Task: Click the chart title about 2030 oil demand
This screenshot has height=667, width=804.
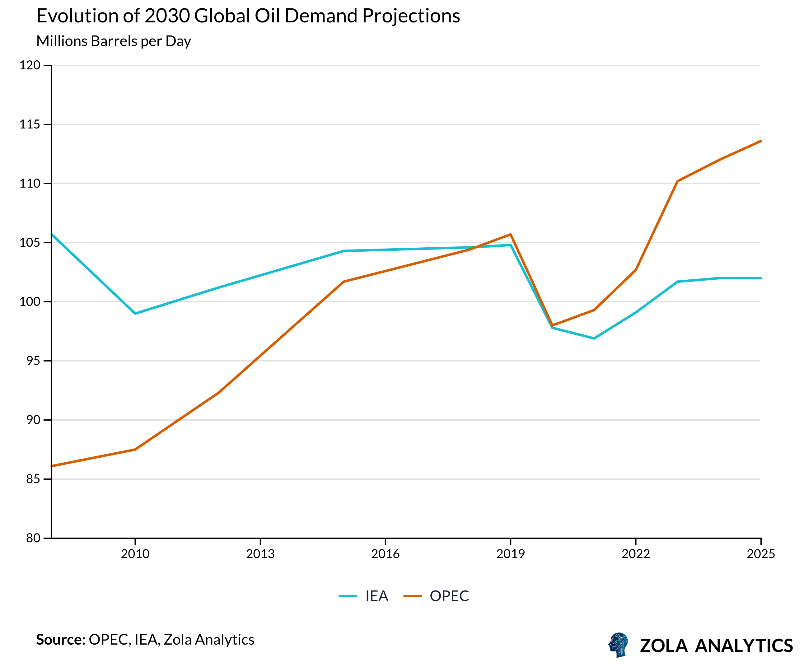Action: coord(248,16)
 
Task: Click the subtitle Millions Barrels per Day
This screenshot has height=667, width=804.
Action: coord(113,41)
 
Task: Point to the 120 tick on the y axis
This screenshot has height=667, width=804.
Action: coord(30,65)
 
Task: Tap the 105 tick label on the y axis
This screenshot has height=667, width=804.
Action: coord(30,243)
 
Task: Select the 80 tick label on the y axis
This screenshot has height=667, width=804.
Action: coord(33,538)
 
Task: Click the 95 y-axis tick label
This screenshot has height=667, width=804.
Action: coord(33,361)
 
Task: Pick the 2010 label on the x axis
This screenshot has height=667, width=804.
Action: coord(135,554)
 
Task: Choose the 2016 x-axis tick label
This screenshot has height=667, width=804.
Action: coord(385,554)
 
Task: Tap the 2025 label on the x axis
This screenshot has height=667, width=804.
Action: coord(760,554)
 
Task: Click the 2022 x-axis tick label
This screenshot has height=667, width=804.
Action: coord(636,554)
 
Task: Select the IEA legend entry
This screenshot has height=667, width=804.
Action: coord(364,596)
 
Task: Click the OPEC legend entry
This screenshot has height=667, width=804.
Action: coord(437,596)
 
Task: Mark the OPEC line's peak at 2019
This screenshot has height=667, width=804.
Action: coord(511,234)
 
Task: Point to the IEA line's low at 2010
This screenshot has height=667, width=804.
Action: coord(135,314)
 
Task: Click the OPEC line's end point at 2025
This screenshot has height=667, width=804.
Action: coord(760,141)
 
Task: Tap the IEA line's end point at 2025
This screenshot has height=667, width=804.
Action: coord(760,278)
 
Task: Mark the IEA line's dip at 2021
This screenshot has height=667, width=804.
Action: coord(594,338)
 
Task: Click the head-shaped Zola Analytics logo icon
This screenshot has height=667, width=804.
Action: coord(618,645)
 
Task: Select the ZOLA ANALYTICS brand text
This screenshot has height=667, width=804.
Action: coord(716,646)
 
